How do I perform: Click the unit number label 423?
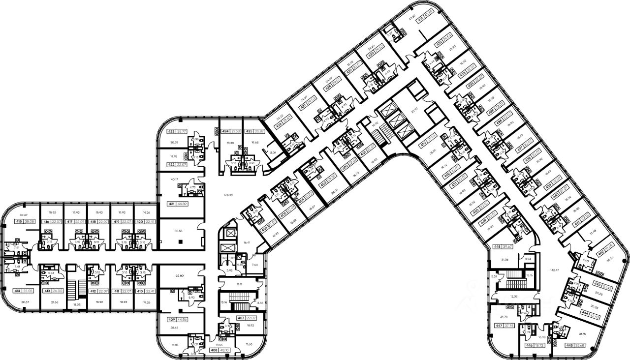(x=172, y=131)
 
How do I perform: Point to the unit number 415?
(x=19, y=222)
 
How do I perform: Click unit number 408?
(x=214, y=350)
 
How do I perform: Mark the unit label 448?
(x=497, y=247)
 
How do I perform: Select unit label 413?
(x=47, y=291)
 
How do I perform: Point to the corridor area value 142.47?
(x=555, y=270)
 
